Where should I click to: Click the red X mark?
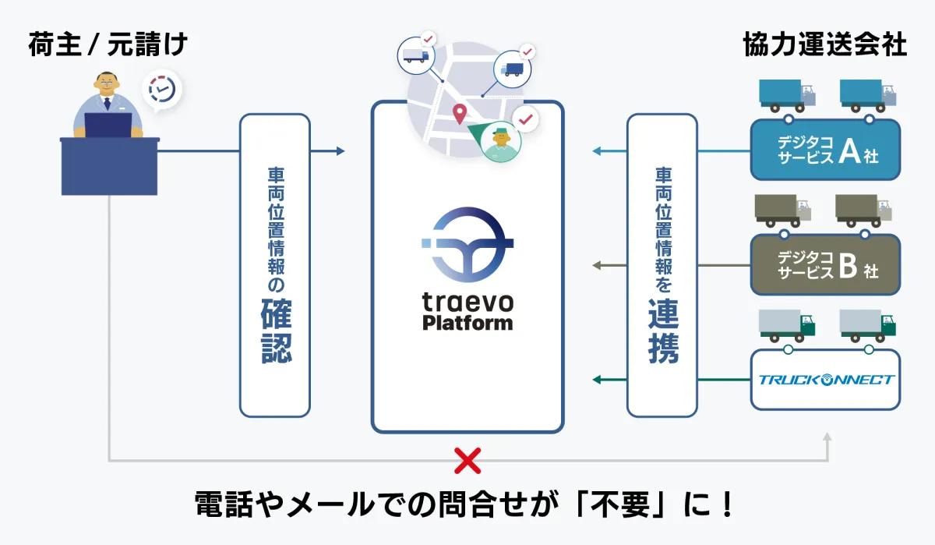[x=467, y=461]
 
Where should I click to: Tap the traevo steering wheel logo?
[x=467, y=246]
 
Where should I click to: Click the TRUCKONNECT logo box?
[x=825, y=380]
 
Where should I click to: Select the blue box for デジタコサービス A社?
[x=825, y=149]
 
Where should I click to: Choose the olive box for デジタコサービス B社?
[x=825, y=264]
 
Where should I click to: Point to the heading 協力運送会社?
[x=825, y=44]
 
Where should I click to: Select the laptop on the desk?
[x=108, y=125]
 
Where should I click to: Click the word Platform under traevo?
[x=467, y=322]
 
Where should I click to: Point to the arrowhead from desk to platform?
[x=340, y=151]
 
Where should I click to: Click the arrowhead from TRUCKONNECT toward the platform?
[x=598, y=380]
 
